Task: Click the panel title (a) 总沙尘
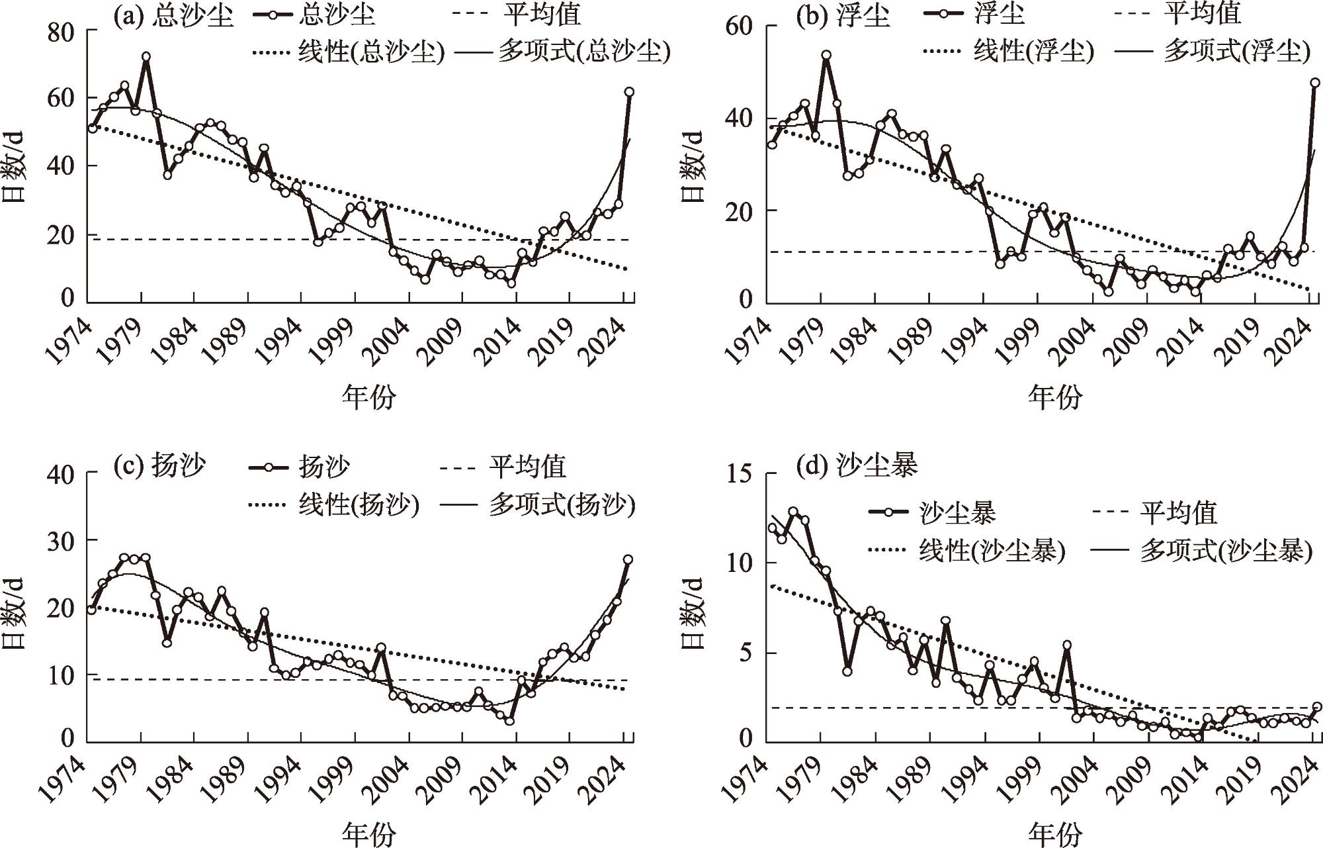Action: pyautogui.click(x=173, y=16)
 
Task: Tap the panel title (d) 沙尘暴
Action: pyautogui.click(x=858, y=466)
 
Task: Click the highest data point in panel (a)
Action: pyautogui.click(x=146, y=57)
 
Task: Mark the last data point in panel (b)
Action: pyautogui.click(x=1315, y=83)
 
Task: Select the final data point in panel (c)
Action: pyautogui.click(x=628, y=559)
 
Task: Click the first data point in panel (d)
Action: pyautogui.click(x=772, y=528)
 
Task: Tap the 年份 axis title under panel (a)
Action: pyautogui.click(x=368, y=397)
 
